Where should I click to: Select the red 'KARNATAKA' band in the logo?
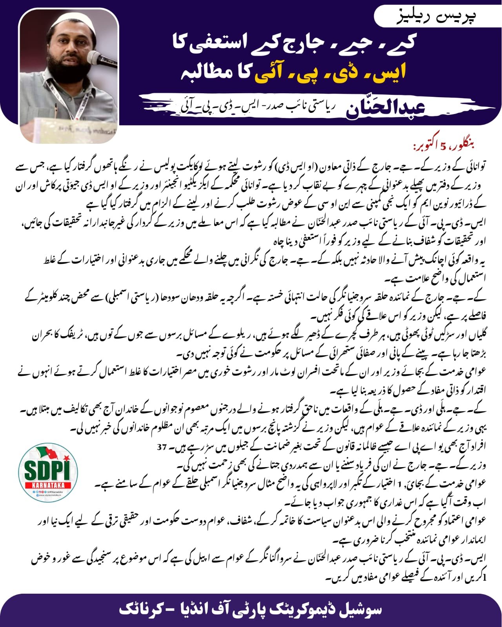pos(48,485)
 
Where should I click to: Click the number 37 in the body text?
pos(162,447)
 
